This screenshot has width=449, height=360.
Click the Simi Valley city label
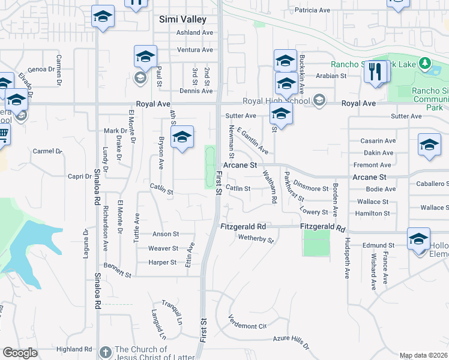[x=182, y=19]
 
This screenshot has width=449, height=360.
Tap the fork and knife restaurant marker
[x=376, y=72]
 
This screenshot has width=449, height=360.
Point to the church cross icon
[x=106, y=352]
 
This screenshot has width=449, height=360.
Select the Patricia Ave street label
[x=312, y=10]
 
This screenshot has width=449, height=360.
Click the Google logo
[x=19, y=353]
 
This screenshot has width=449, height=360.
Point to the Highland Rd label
[x=74, y=349]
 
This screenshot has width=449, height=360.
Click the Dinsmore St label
[x=311, y=188]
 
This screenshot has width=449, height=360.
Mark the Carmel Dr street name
[x=47, y=151]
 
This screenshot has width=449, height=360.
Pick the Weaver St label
[x=163, y=248]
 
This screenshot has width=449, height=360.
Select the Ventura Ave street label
[x=195, y=50]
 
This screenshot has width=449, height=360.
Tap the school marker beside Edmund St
[x=418, y=239]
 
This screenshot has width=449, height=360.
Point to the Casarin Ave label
[x=378, y=141]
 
